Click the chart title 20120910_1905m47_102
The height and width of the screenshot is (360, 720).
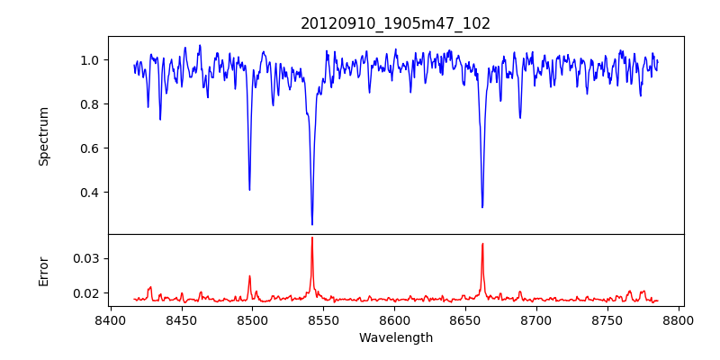coord(395,23)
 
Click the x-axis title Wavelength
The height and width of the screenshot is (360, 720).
coord(395,337)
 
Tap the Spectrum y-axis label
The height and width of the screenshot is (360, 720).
coord(43,136)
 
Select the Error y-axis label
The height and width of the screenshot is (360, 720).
coord(43,270)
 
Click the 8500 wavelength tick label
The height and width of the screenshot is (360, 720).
coord(252,320)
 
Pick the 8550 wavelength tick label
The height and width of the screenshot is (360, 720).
coord(323,320)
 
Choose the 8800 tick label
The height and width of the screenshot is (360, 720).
coord(679,320)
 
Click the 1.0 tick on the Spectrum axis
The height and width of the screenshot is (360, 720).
coord(90,60)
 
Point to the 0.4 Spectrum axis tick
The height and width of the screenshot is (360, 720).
coord(90,193)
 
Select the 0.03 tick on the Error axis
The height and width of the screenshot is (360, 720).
coord(86,258)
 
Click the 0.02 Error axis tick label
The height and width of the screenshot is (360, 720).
coord(86,293)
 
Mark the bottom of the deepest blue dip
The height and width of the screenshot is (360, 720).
coord(312,224)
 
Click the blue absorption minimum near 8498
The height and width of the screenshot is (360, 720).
coord(249,190)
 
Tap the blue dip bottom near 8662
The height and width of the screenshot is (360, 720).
coord(482,207)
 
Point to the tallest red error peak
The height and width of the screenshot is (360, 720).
coord(312,238)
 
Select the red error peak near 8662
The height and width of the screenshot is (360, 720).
coord(482,244)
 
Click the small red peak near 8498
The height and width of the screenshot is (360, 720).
coord(249,276)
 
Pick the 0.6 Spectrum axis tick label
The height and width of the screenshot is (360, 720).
coord(90,148)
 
